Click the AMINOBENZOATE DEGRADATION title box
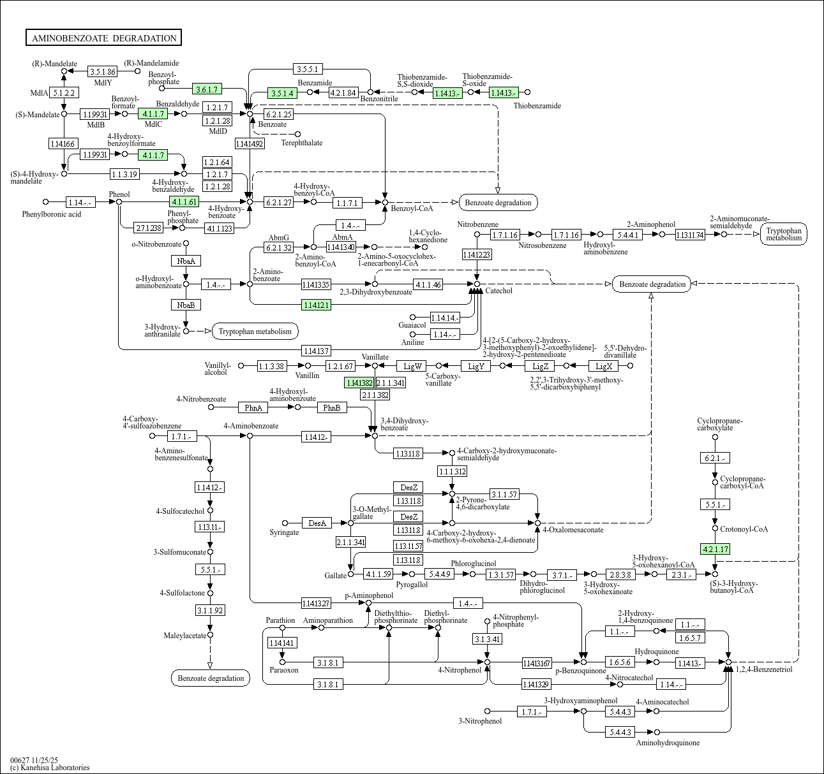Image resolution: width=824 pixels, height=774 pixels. [104, 38]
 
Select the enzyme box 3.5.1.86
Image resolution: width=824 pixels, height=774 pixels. [103, 72]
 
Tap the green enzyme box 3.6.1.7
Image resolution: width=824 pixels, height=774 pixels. [208, 89]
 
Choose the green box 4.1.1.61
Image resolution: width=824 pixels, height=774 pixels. [184, 202]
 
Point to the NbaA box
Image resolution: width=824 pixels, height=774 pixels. [186, 261]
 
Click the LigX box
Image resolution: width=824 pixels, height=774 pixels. [604, 366]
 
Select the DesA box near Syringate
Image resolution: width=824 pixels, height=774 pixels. [317, 523]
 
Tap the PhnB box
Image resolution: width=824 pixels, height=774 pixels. [332, 407]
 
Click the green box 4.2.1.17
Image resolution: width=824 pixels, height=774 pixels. [715, 549]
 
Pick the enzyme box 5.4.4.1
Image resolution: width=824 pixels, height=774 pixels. [629, 235]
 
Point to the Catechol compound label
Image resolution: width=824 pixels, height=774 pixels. [498, 291]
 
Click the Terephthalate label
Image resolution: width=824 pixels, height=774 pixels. [302, 143]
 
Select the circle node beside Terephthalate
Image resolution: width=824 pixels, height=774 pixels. [298, 134]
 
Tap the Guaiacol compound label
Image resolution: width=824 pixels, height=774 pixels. [412, 325]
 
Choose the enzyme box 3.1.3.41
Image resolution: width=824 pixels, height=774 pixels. [488, 639]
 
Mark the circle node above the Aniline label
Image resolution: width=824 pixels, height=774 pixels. [413, 334]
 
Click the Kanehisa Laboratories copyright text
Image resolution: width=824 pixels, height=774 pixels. [50, 768]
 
